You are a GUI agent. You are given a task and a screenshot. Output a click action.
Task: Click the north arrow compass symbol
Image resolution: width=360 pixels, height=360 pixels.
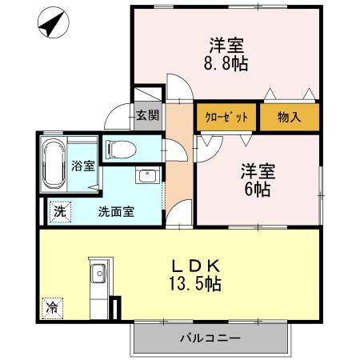50,23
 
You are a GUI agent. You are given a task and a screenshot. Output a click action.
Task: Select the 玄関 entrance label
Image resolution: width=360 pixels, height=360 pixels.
147,116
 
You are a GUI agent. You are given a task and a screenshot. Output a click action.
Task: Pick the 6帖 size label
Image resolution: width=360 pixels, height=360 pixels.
257,190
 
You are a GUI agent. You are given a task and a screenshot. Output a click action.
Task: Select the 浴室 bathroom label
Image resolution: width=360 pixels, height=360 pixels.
83,166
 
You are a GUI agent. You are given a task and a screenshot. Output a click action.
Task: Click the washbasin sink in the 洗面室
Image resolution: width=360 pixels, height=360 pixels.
146,178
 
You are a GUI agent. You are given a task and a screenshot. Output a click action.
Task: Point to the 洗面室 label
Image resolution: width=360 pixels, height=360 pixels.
116,212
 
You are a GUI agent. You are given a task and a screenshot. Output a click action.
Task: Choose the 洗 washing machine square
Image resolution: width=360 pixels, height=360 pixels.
61,212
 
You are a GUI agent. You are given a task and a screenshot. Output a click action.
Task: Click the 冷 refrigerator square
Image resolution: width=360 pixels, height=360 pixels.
52,306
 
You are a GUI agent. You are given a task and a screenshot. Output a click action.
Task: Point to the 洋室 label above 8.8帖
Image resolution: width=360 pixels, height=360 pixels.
226,45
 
